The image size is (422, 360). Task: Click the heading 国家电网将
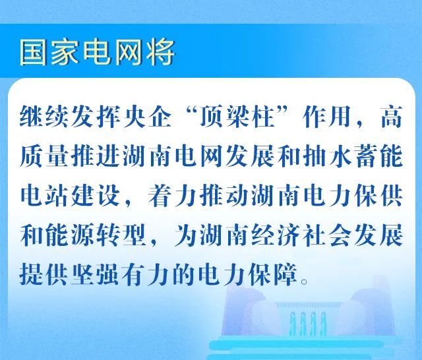[x=98, y=53]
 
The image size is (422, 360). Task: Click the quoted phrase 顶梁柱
[x=237, y=117]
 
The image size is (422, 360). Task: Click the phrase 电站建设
[x=69, y=196]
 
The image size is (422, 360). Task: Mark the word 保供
[x=378, y=196]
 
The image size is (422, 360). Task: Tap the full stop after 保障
[x=305, y=282]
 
